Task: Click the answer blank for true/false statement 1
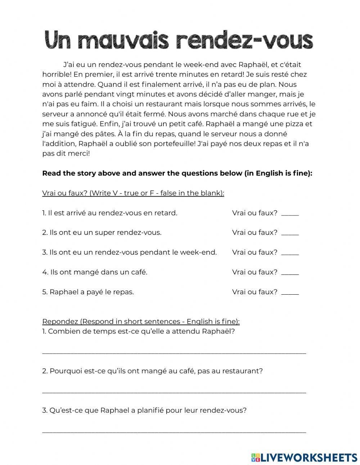coord(290,213)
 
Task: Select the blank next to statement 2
coord(290,233)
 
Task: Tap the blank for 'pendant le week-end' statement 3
coord(290,253)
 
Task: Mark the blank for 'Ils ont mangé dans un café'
coord(290,273)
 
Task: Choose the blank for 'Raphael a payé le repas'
coord(290,292)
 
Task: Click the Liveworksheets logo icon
coord(256,457)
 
